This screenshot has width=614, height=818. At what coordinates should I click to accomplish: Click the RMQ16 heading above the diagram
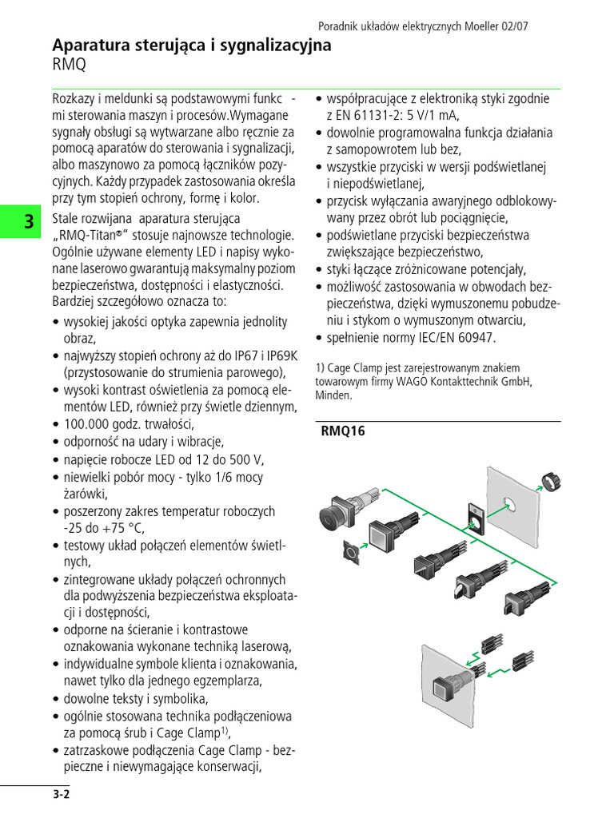tap(342, 431)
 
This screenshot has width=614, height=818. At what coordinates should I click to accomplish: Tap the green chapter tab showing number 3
tap(28, 222)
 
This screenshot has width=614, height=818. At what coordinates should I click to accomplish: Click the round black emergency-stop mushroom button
tap(333, 516)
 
